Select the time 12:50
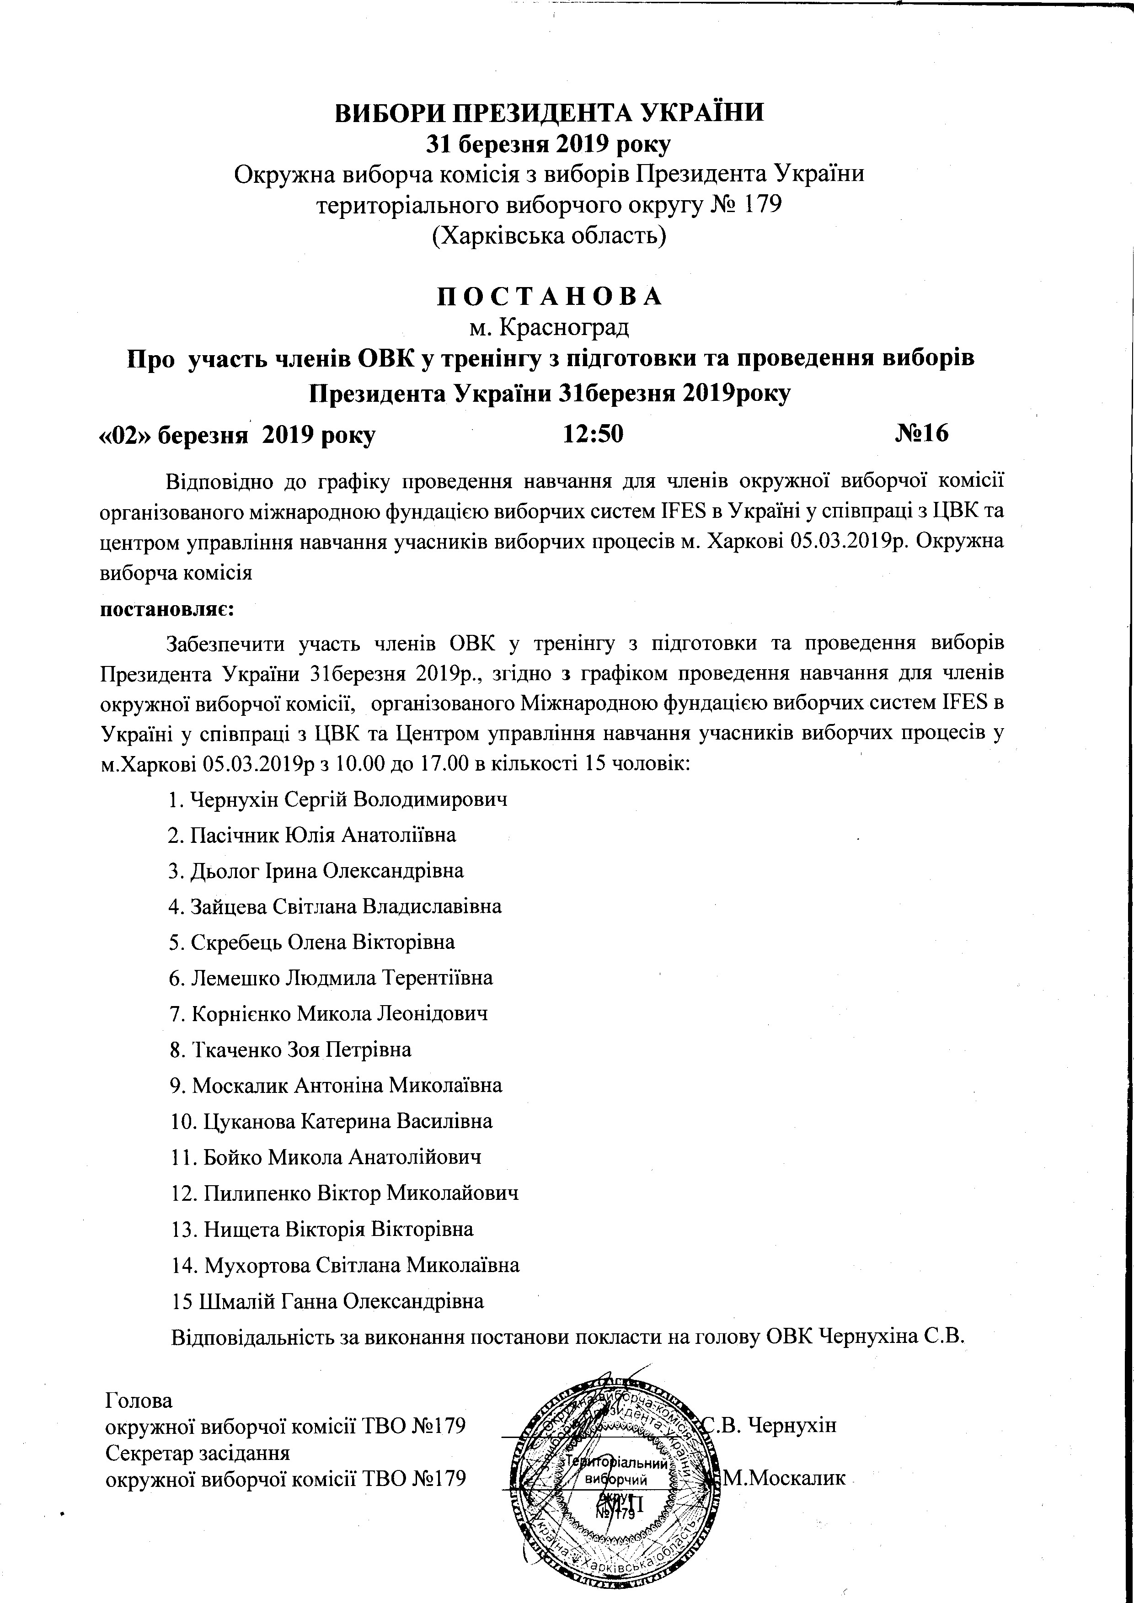[593, 434]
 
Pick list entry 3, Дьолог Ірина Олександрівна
[316, 871]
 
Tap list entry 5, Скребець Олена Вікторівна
[312, 942]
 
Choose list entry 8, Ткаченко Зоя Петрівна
[290, 1049]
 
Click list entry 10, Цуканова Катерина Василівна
[332, 1121]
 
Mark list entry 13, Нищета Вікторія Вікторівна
[322, 1229]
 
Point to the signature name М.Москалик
[785, 1477]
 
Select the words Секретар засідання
[197, 1453]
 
